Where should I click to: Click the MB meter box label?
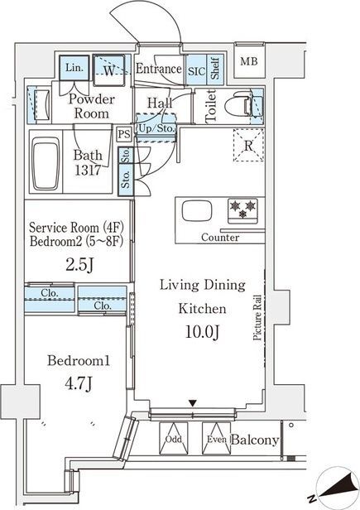coord(249,61)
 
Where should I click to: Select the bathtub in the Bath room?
coord(46,163)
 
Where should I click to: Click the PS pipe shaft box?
coord(123,134)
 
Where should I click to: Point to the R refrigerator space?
coord(248,145)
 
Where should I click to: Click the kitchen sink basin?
coord(197,211)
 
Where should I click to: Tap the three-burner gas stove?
coord(242,210)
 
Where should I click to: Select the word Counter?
coord(220,237)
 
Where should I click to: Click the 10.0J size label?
coord(202,332)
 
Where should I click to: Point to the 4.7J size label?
coord(79,384)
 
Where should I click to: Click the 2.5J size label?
coord(80,265)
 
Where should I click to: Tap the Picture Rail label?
coord(257,317)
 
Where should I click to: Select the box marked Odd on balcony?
coord(174,438)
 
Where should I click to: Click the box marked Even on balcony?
coord(216,438)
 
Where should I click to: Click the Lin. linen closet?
coord(74,68)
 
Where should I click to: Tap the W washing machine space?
coord(109,70)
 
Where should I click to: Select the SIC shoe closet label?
coord(196,71)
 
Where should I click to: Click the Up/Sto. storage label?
coord(156,128)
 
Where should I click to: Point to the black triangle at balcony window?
coord(193,404)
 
